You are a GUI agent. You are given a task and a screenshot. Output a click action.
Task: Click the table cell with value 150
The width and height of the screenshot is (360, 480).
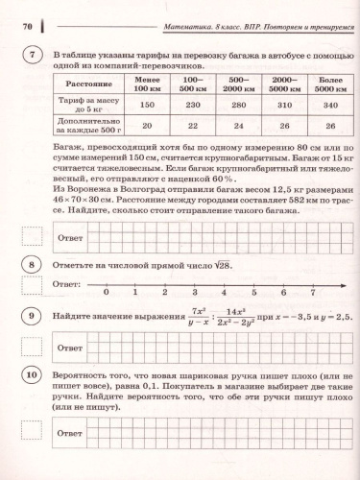pyautogui.click(x=147, y=107)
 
